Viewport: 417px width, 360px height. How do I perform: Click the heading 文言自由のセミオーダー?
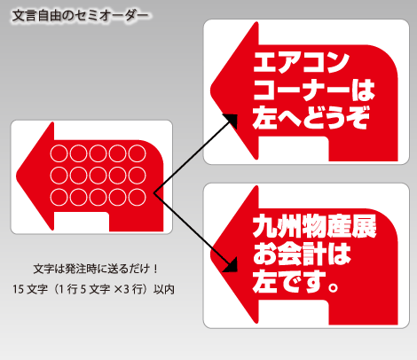tap(81, 16)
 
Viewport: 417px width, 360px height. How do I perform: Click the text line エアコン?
tap(301, 62)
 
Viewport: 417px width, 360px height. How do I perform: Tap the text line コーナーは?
tap(314, 90)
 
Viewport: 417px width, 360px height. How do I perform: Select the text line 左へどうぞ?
tap(311, 117)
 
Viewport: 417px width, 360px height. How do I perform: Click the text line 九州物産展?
tap(314, 226)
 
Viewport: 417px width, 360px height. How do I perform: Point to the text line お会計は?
tap(302, 254)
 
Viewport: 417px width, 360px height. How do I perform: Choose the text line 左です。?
tap(295, 281)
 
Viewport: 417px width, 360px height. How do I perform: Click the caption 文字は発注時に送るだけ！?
tap(96, 269)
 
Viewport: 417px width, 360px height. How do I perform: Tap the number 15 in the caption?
tap(18, 289)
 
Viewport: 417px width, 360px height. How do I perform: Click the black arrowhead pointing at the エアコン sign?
tap(232, 121)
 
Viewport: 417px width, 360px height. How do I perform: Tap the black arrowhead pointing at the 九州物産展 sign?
tap(231, 265)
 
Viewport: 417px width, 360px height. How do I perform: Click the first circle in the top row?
tap(59, 153)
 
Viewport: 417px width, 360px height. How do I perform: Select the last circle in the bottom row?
tap(138, 197)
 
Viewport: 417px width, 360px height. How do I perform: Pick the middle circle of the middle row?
tap(98, 176)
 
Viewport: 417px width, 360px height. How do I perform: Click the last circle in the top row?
tap(138, 153)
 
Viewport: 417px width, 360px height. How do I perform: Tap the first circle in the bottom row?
tap(59, 197)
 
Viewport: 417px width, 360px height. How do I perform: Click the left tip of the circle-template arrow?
tap(17, 176)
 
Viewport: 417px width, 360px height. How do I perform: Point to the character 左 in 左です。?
tap(264, 281)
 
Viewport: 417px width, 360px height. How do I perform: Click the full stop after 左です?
tap(333, 286)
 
